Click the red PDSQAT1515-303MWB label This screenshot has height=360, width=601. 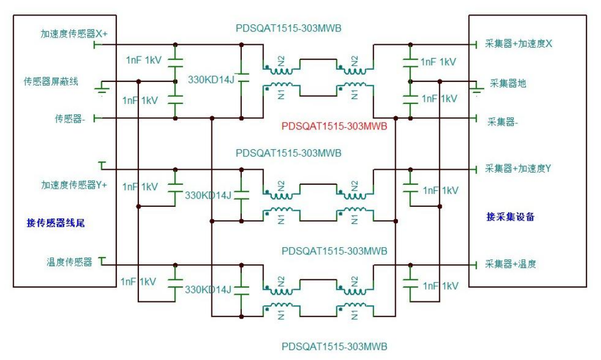click(334, 126)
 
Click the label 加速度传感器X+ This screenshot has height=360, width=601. click(74, 34)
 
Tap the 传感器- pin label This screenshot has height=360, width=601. click(70, 118)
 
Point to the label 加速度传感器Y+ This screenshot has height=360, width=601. click(74, 185)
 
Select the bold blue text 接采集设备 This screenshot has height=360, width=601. click(510, 217)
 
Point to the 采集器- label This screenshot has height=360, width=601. click(502, 122)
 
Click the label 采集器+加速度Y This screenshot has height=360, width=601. click(519, 169)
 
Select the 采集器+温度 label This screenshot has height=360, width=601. click(511, 264)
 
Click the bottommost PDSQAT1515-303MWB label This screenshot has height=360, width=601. click(334, 347)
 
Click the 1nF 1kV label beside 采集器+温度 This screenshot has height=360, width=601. click(441, 286)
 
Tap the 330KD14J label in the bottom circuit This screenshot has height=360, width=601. click(208, 290)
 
